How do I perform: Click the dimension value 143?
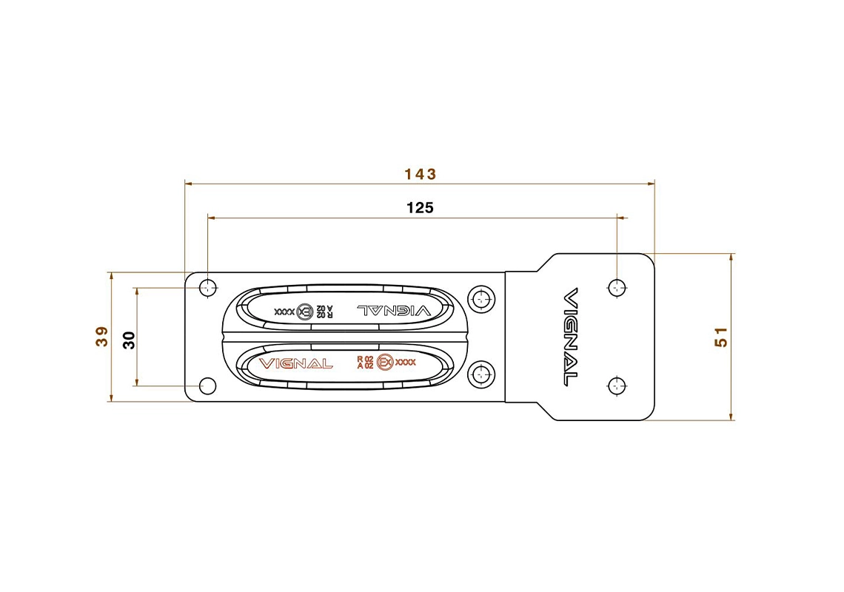420,174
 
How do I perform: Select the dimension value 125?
420,208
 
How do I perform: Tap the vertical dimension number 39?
102,337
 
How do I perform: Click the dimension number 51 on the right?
721,337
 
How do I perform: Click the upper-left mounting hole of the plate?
209,287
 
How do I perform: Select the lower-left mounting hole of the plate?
208,386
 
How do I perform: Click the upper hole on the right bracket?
617,287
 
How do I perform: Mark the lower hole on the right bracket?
617,385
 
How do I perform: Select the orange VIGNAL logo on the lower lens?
295,363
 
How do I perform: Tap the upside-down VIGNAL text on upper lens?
393,310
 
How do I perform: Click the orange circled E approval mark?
385,362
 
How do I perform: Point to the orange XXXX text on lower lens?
406,362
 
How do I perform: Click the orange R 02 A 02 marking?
364,362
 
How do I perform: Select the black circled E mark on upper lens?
304,312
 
